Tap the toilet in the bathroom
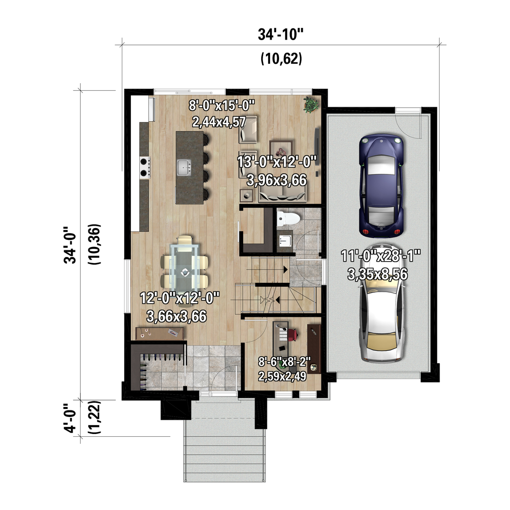288,218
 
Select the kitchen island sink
184,168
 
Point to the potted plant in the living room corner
311,104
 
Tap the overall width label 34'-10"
280,34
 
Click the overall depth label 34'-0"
70,245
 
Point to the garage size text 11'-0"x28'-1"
381,255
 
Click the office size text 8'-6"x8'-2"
285,361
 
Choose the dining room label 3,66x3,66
177,316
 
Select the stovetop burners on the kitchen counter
145,168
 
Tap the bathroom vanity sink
285,241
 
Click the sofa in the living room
282,196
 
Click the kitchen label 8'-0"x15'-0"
221,105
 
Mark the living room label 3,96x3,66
277,180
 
